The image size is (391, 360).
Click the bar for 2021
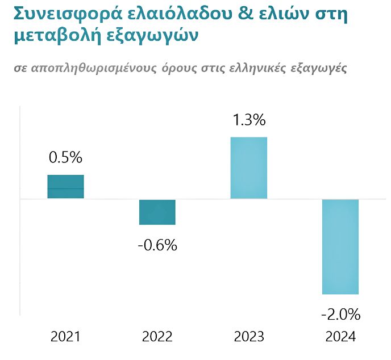click(65, 187)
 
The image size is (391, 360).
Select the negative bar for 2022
click(157, 212)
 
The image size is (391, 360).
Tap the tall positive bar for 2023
click(248, 168)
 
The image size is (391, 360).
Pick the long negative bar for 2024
click(340, 246)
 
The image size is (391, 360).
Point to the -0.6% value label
click(157, 245)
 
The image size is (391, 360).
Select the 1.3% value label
click(248, 120)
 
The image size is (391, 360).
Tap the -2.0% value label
click(340, 314)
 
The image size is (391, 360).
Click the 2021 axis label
click(65, 337)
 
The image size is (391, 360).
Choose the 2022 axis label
click(157, 337)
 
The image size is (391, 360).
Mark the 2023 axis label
click(249, 337)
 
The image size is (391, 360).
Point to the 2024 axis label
click(340, 337)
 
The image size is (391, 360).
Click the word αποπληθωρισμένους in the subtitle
click(95, 68)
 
